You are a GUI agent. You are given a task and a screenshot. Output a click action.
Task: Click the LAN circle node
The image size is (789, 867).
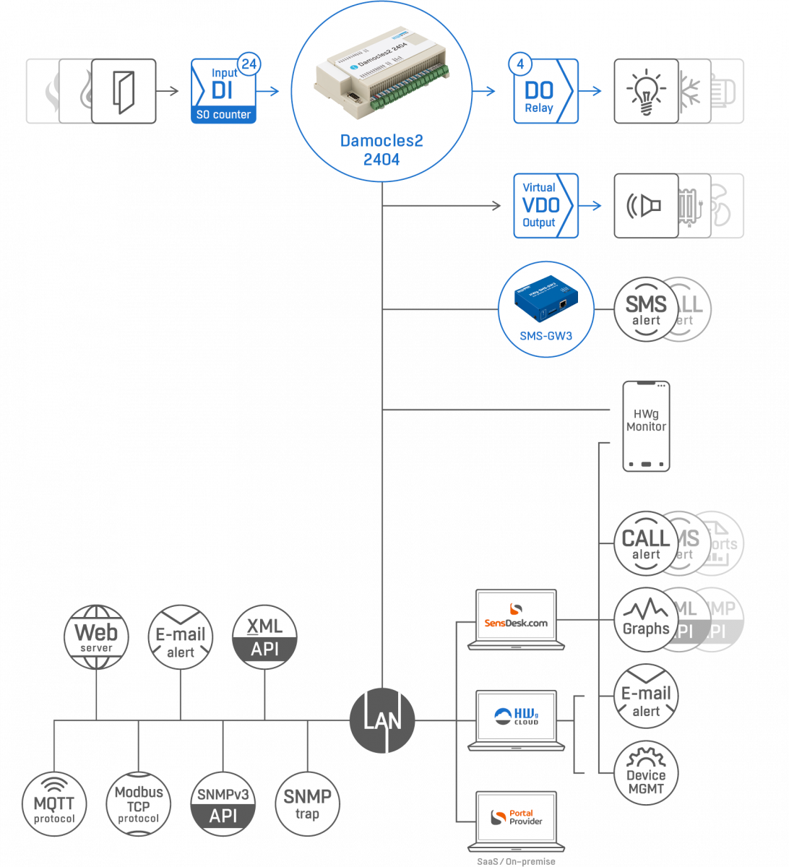click(382, 720)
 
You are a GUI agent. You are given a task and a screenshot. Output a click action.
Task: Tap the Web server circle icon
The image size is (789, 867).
click(96, 637)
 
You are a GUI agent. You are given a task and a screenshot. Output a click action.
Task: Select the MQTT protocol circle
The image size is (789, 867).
click(54, 804)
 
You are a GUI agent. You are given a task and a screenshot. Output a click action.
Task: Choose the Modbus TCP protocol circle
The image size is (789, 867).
click(138, 804)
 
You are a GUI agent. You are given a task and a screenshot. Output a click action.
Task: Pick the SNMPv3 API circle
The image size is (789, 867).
click(223, 804)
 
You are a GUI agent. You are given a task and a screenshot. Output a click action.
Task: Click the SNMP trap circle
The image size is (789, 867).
click(307, 804)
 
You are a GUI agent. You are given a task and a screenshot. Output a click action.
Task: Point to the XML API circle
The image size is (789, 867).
click(264, 637)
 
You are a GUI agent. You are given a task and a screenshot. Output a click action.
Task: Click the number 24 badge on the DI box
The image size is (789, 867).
click(248, 64)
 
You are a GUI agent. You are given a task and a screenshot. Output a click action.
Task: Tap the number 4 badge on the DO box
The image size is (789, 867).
click(520, 64)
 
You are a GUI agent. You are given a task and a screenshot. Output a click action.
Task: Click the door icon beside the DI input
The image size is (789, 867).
click(124, 91)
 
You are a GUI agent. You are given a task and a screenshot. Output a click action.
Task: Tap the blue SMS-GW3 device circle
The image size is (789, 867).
click(546, 309)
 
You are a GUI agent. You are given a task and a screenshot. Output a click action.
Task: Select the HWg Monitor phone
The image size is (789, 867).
click(646, 426)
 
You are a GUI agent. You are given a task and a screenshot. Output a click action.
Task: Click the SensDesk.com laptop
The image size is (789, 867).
click(516, 618)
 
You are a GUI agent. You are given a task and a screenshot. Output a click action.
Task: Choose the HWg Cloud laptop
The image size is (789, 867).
click(516, 718)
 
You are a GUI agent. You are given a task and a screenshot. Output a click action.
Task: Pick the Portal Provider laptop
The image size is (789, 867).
click(516, 819)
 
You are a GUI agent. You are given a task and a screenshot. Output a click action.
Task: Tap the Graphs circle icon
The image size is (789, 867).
click(646, 620)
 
